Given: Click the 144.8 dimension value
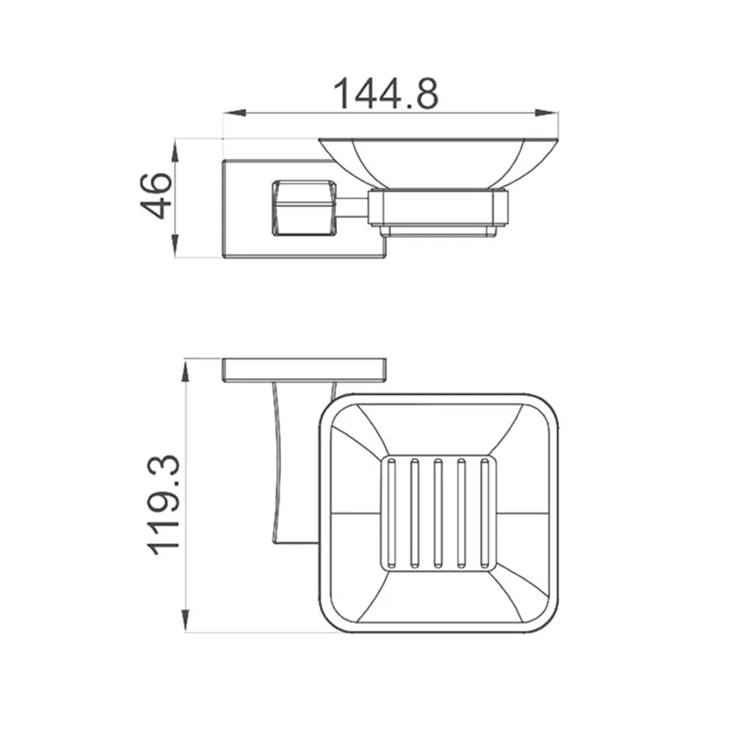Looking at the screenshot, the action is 386,94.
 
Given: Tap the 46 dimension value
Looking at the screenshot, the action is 156,196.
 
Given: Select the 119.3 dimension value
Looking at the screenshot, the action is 164,505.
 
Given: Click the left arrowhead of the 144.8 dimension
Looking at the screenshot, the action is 235,113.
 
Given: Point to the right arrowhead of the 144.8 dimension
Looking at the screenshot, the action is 546,113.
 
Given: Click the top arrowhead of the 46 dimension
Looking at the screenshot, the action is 175,150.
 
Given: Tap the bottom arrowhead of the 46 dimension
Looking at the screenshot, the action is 175,246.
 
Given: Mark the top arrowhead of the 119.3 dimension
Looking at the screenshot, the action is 186,371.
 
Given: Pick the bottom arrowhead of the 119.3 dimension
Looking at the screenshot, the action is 186,620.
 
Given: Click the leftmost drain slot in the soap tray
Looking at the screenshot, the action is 391,514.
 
